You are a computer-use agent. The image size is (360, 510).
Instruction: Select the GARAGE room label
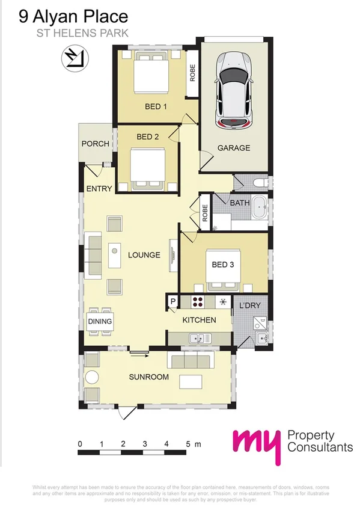[x=233, y=148]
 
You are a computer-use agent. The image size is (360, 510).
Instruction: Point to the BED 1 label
[x=156, y=106]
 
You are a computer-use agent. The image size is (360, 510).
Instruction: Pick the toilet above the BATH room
[x=260, y=182]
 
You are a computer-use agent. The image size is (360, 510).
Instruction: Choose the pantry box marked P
[x=172, y=301]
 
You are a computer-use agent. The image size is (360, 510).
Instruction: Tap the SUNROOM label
[x=148, y=377]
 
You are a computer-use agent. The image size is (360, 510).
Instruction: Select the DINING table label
[x=100, y=321]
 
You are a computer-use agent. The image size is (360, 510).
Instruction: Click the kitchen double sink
[x=198, y=339]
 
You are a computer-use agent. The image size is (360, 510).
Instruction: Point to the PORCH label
[x=95, y=144]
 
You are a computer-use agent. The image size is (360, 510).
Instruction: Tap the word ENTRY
[x=99, y=189]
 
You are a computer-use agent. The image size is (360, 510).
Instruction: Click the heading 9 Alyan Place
[x=73, y=16]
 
